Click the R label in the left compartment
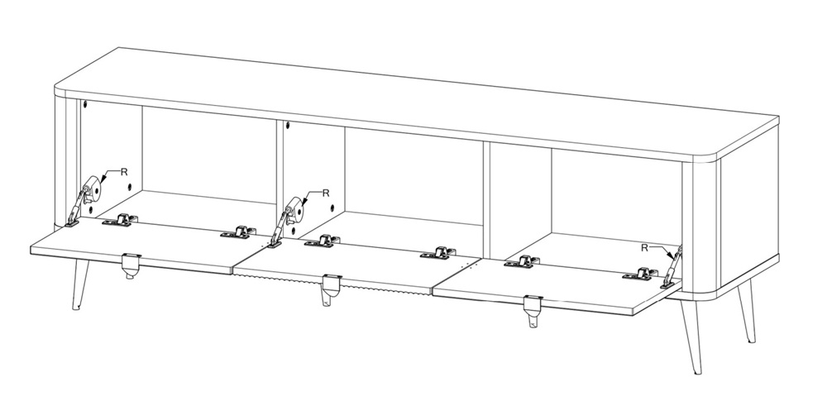124,171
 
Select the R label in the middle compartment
325,193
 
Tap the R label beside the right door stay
644,248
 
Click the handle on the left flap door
131,265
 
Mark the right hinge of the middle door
438,253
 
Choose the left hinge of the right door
522,262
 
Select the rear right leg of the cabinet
747,312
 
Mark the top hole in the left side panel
85,104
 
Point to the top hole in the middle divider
288,126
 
